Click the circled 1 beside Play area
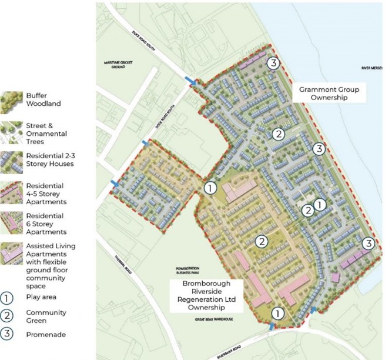[8, 296]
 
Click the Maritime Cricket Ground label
[119, 65]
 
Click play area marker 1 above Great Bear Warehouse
[277, 313]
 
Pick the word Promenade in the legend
[46, 335]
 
